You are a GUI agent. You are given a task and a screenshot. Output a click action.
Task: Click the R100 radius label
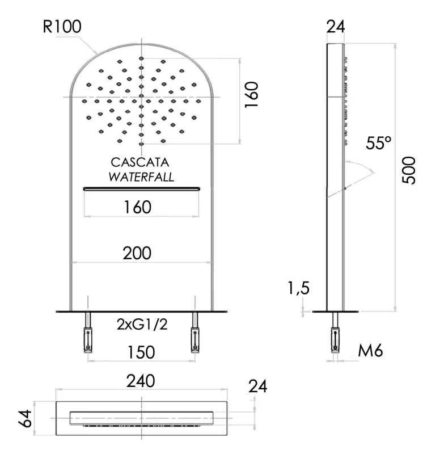[62, 27]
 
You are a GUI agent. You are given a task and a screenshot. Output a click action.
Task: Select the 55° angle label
[379, 143]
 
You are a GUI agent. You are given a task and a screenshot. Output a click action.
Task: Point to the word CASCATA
[141, 163]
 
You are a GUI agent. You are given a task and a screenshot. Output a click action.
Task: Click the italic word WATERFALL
[141, 176]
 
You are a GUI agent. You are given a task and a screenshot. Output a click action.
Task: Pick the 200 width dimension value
[137, 254]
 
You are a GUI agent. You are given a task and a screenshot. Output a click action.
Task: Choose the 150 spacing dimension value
[141, 352]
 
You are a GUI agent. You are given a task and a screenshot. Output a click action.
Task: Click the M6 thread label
[371, 351]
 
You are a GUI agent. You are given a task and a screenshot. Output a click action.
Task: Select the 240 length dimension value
[141, 381]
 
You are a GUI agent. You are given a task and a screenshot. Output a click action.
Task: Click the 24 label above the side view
[336, 27]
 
